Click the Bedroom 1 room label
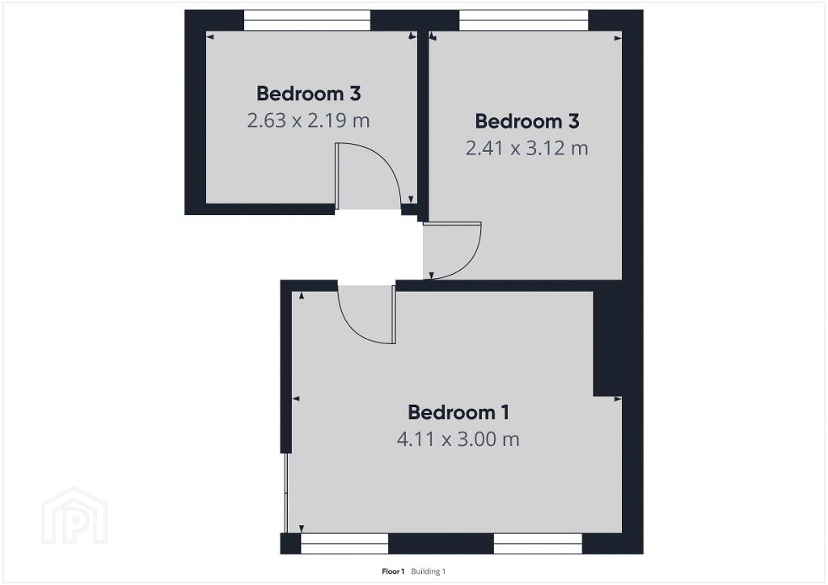(x=458, y=412)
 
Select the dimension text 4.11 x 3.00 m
(x=458, y=439)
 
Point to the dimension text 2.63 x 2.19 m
(x=308, y=120)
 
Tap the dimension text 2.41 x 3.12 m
(x=527, y=148)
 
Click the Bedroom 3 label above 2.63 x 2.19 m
(x=308, y=94)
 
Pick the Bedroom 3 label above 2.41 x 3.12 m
(x=527, y=121)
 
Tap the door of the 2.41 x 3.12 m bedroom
(x=452, y=250)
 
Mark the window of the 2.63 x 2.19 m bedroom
(x=306, y=20)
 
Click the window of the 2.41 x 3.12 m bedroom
(x=524, y=20)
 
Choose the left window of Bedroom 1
(x=344, y=543)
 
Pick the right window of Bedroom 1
(x=538, y=543)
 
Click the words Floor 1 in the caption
(x=393, y=571)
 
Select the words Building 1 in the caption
(x=429, y=571)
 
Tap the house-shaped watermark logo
(x=74, y=516)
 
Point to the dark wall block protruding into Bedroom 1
(x=607, y=343)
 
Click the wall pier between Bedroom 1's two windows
(x=441, y=543)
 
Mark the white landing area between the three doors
(x=370, y=246)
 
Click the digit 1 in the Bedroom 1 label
(x=505, y=412)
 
